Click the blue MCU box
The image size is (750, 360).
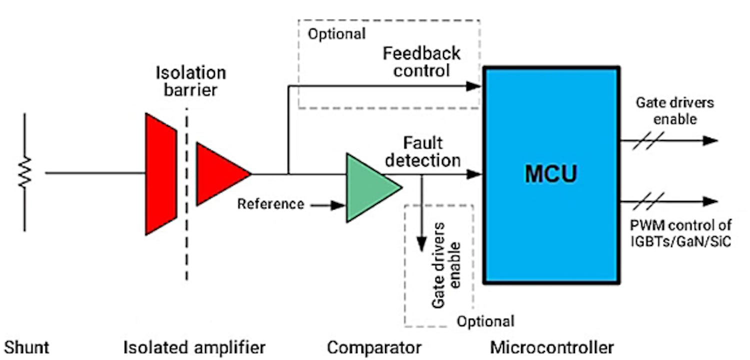(x=551, y=175)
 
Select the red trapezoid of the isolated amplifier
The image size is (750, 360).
(x=160, y=174)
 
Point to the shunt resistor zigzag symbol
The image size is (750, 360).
(x=24, y=172)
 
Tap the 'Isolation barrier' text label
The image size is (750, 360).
(x=190, y=81)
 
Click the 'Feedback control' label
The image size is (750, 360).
(x=422, y=61)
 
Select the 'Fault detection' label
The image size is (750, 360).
(x=423, y=152)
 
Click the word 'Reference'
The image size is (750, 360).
(x=270, y=204)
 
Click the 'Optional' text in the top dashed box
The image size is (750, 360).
(x=336, y=34)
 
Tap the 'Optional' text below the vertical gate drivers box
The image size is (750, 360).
(x=485, y=321)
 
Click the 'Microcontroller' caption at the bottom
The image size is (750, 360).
(x=551, y=347)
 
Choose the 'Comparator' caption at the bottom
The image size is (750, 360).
(x=374, y=347)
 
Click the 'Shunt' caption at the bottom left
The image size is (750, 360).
(x=27, y=347)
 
